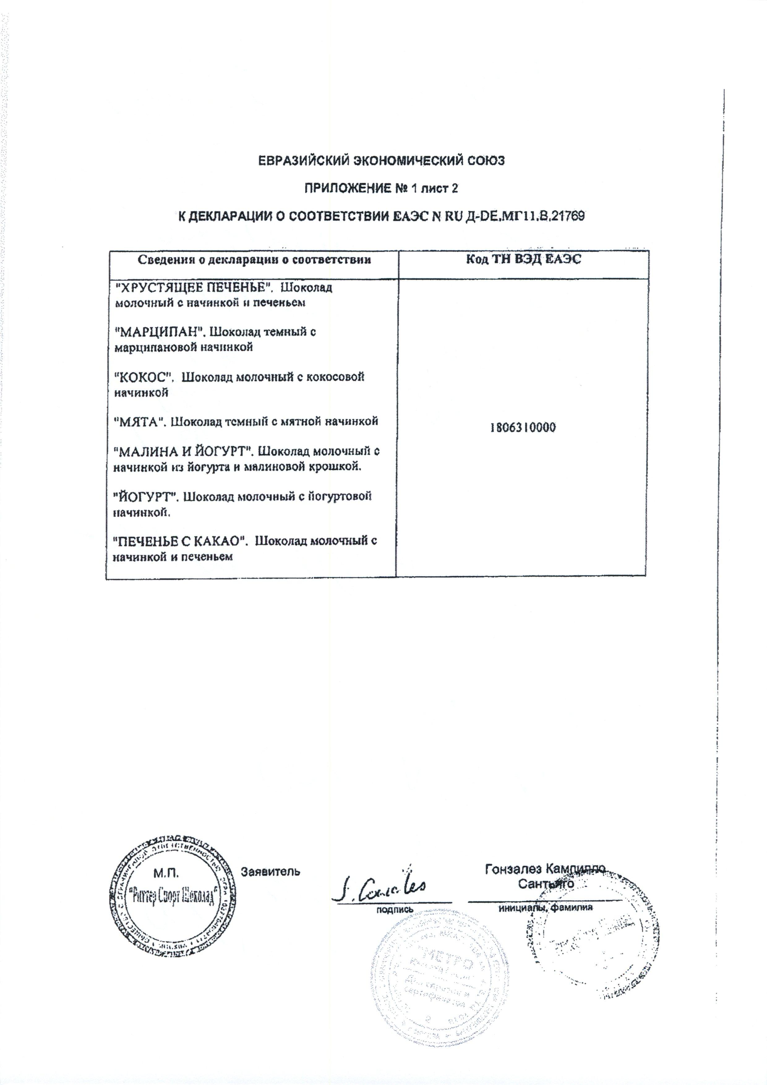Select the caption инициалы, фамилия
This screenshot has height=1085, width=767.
click(x=545, y=908)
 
